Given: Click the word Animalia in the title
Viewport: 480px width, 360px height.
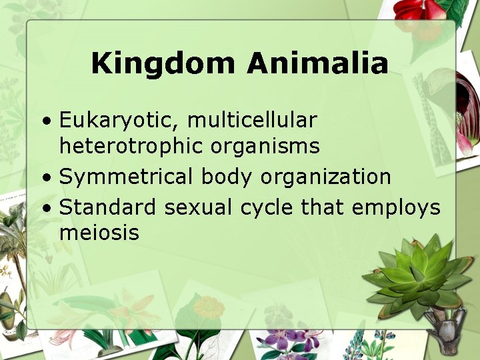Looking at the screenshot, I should (x=317, y=64).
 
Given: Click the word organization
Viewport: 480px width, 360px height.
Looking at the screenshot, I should (x=326, y=177).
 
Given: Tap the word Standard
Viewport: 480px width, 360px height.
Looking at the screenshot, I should (x=109, y=207).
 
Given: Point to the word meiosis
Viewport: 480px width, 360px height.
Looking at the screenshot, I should (x=99, y=233).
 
